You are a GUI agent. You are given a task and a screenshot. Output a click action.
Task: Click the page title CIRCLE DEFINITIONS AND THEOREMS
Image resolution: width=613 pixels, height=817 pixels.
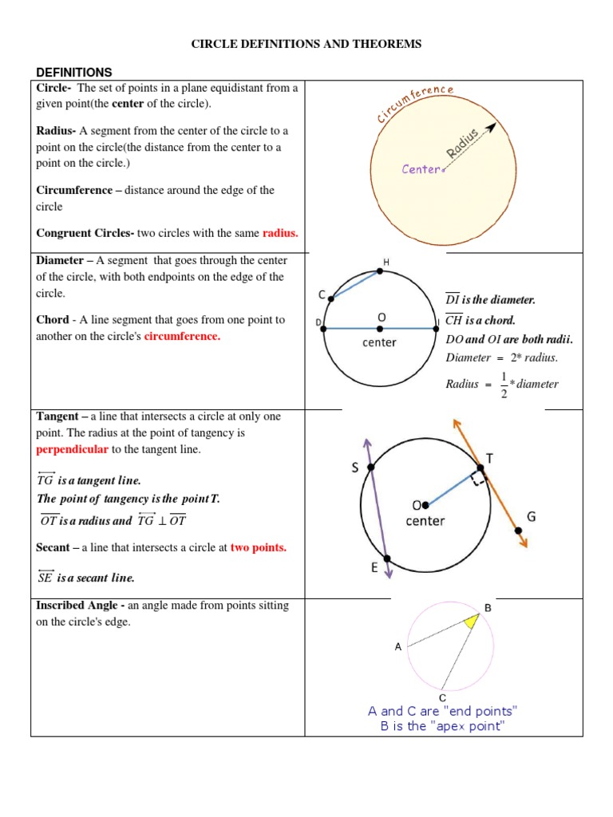click(x=306, y=45)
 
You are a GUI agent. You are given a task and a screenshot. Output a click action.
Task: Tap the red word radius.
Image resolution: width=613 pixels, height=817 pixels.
click(x=280, y=234)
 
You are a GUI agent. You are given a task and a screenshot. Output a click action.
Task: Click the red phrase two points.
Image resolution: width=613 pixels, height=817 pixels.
click(x=259, y=547)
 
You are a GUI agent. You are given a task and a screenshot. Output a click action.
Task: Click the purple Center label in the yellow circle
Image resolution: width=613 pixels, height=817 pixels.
click(x=421, y=169)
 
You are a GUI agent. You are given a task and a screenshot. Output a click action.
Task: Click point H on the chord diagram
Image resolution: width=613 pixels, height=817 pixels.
click(x=380, y=271)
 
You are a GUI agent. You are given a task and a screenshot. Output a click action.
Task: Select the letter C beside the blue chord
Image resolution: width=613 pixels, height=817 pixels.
click(x=322, y=295)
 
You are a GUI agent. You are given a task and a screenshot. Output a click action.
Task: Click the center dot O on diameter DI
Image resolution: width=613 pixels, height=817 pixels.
click(x=380, y=328)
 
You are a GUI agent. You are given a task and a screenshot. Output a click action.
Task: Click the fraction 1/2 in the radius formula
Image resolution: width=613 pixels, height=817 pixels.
click(x=504, y=384)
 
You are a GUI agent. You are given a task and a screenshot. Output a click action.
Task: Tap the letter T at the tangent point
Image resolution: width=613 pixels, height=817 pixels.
click(x=489, y=458)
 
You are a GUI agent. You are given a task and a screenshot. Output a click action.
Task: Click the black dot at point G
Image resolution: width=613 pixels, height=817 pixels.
click(x=519, y=531)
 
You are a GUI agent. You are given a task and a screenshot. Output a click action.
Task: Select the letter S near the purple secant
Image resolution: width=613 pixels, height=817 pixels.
click(x=354, y=469)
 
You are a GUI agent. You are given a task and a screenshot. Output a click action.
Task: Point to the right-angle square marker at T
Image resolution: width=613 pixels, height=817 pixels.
click(x=479, y=479)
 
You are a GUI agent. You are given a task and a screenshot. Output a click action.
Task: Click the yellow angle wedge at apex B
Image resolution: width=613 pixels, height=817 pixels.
click(x=472, y=622)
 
